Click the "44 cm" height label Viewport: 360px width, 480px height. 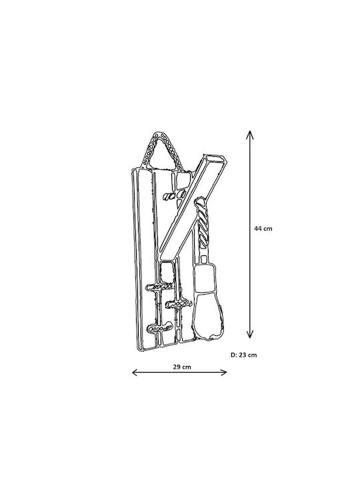[x=263, y=229]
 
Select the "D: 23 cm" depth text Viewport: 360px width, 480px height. [x=244, y=355]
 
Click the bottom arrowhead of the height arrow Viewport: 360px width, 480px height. [x=250, y=335]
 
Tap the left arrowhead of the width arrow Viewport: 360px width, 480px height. [x=135, y=372]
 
